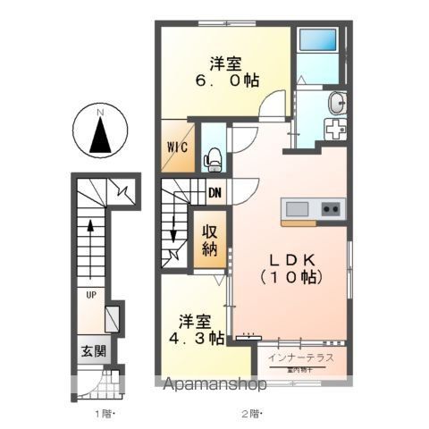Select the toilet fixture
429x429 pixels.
[214, 159]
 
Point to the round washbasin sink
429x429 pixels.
[336, 102]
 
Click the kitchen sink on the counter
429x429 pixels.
[297, 209]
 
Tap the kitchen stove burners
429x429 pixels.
[330, 209]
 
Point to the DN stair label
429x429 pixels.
[214, 192]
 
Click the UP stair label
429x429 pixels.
[91, 292]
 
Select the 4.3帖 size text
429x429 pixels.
[194, 339]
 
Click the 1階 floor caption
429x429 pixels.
[107, 413]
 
